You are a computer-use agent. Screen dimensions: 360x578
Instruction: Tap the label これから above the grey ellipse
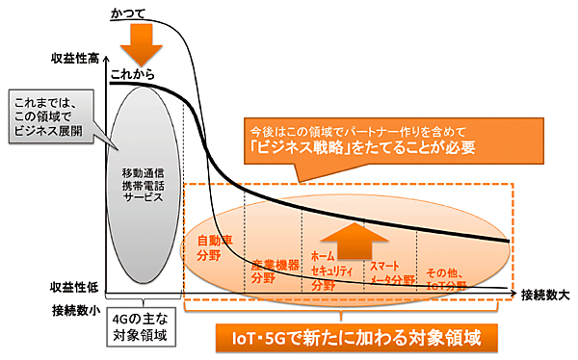(x=133, y=74)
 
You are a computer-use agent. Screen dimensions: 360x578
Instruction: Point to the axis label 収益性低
(x=76, y=287)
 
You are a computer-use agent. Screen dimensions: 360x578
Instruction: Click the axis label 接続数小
(x=76, y=310)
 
